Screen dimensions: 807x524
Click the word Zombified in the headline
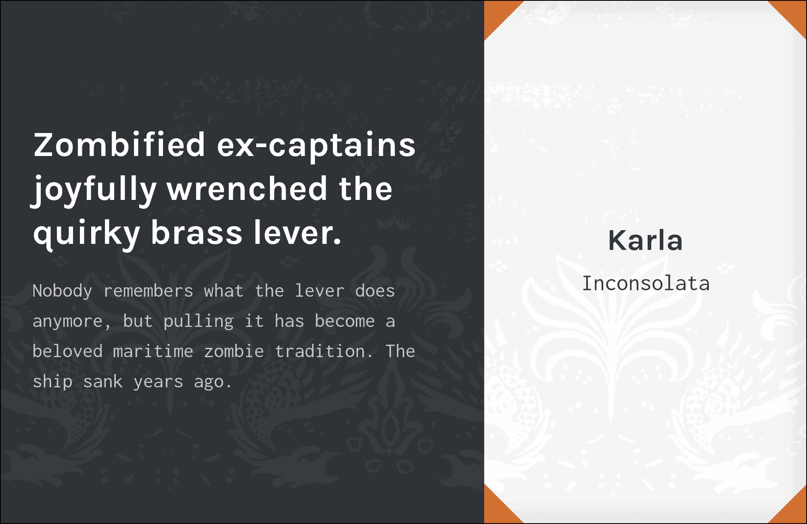tap(119, 145)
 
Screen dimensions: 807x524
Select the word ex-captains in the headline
tap(316, 146)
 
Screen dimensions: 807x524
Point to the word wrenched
tap(247, 188)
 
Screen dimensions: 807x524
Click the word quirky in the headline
tap(87, 234)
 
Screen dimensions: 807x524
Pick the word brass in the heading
tap(197, 233)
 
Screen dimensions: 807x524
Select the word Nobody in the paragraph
tap(63, 291)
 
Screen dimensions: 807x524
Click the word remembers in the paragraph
tap(148, 291)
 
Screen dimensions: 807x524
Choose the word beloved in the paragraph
tap(68, 351)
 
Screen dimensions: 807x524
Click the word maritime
tap(153, 351)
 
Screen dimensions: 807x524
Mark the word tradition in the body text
tap(320, 351)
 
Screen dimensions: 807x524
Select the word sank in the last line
tap(103, 381)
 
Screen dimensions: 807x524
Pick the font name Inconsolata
tap(646, 283)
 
